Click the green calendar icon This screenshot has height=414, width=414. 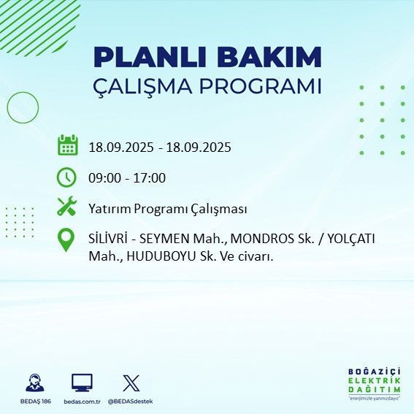[x=67, y=145]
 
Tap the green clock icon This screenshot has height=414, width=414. [x=66, y=177]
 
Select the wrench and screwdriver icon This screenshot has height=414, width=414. [x=66, y=207]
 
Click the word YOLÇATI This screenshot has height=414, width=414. [x=352, y=239]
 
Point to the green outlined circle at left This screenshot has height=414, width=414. [x=22, y=107]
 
